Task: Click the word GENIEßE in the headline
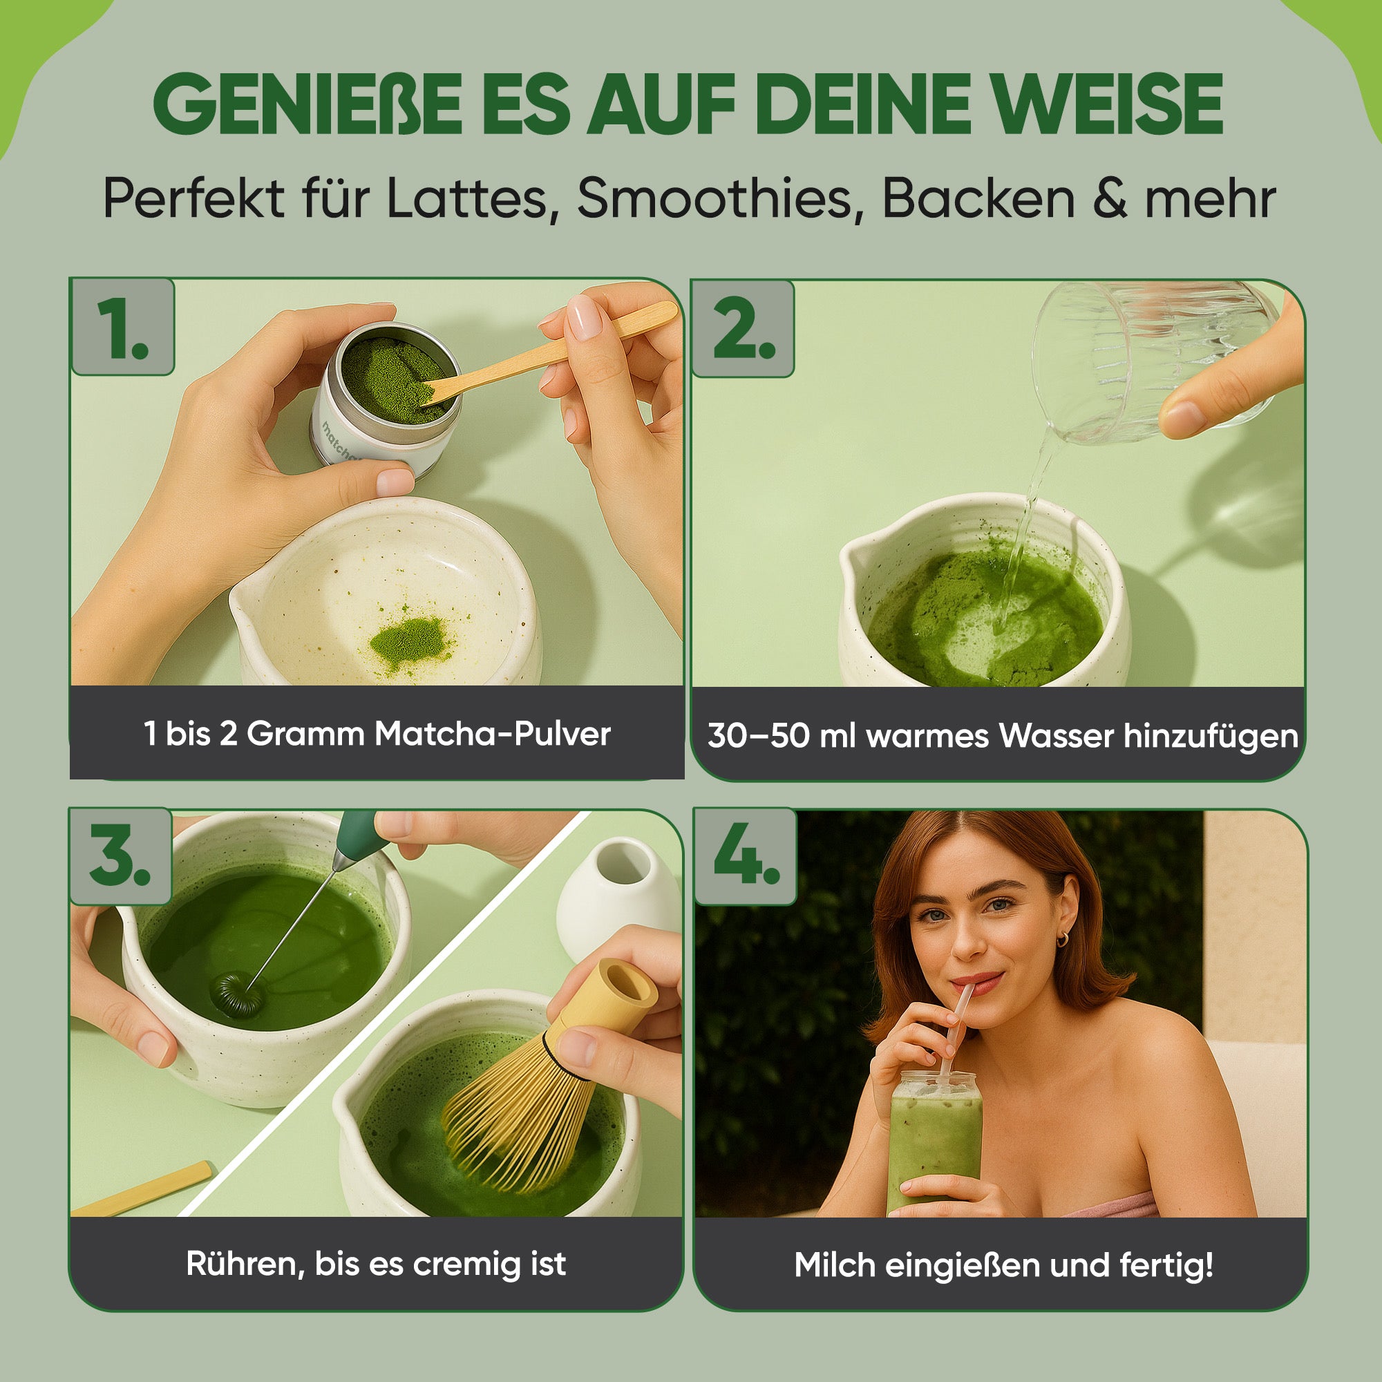pos(307,104)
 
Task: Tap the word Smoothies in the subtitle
pos(715,198)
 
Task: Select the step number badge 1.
pos(122,327)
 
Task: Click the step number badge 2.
pos(744,328)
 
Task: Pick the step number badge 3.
pos(120,856)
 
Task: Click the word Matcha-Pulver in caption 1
pos(493,734)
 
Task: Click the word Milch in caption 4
pos(834,1265)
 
